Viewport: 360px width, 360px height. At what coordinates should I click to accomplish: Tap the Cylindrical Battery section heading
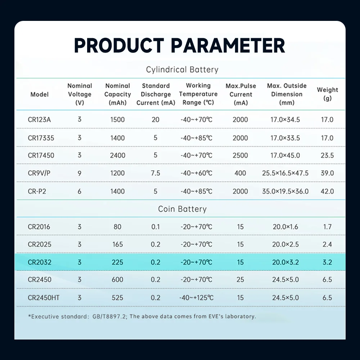[x=182, y=69]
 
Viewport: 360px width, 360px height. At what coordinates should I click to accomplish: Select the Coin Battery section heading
[x=182, y=209]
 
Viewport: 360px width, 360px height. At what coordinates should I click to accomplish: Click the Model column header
[x=40, y=94]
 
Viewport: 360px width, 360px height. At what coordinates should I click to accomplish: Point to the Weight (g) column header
[x=327, y=94]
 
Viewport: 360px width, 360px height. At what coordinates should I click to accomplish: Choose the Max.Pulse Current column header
[x=240, y=94]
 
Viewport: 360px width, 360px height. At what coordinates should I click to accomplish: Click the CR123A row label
[x=39, y=120]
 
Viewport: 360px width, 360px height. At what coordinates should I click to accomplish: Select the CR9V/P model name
[x=39, y=173]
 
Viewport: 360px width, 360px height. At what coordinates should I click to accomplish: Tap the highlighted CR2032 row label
[x=40, y=262]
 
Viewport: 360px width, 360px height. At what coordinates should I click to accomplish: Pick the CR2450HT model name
[x=44, y=298]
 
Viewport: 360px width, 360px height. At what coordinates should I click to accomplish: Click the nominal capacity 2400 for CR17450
[x=118, y=156]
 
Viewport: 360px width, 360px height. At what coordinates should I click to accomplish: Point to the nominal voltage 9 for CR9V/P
[x=80, y=173]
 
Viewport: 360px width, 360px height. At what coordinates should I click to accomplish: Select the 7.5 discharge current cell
[x=156, y=173]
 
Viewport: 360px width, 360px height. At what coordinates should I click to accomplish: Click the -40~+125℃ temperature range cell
[x=197, y=298]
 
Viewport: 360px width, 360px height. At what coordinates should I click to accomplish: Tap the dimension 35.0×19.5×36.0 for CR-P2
[x=285, y=191]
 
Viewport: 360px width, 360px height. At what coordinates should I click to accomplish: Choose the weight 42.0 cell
[x=327, y=191]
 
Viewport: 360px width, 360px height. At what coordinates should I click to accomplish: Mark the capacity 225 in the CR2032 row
[x=118, y=262]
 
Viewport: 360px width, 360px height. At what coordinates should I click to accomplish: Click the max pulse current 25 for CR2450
[x=240, y=280]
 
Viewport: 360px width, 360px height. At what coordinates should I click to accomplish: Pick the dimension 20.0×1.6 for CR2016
[x=285, y=227]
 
